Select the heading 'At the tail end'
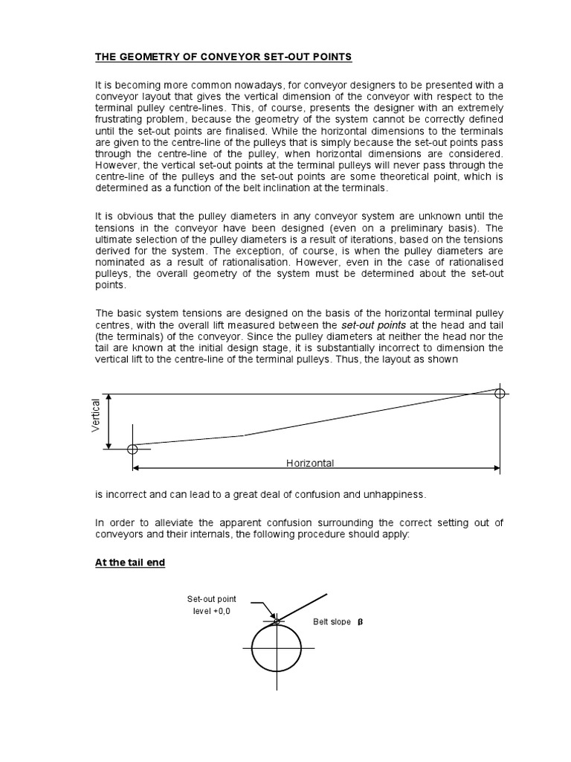[x=130, y=563]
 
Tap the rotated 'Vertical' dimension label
[x=96, y=415]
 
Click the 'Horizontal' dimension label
[x=310, y=463]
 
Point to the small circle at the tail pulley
[x=132, y=449]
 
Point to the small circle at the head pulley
[x=500, y=393]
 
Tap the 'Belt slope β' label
[x=338, y=621]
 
